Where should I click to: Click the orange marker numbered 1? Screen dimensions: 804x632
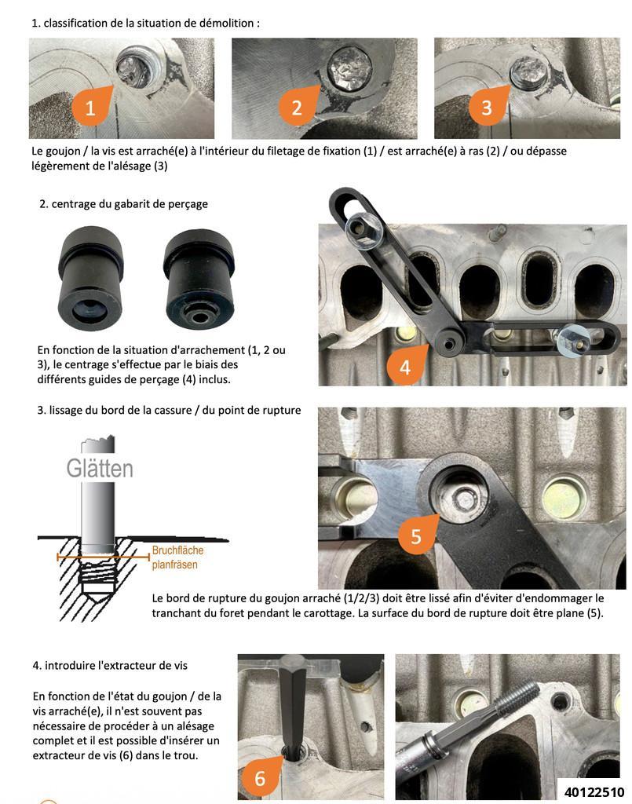[91, 107]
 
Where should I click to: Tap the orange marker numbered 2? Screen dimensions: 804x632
[297, 107]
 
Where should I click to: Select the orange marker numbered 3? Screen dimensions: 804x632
[487, 107]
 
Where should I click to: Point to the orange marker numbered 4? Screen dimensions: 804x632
[405, 367]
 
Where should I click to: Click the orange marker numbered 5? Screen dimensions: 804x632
[416, 535]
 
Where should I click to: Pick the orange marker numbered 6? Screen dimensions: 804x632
[260, 777]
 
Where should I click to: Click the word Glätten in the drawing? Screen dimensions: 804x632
[100, 469]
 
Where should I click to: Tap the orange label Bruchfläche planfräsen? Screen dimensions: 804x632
[178, 557]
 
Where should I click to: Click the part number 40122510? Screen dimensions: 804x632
[594, 791]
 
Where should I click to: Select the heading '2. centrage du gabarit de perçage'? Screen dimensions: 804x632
[123, 204]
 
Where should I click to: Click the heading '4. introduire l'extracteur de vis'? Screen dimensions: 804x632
[110, 665]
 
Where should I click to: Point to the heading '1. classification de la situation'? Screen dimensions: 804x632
[145, 23]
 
